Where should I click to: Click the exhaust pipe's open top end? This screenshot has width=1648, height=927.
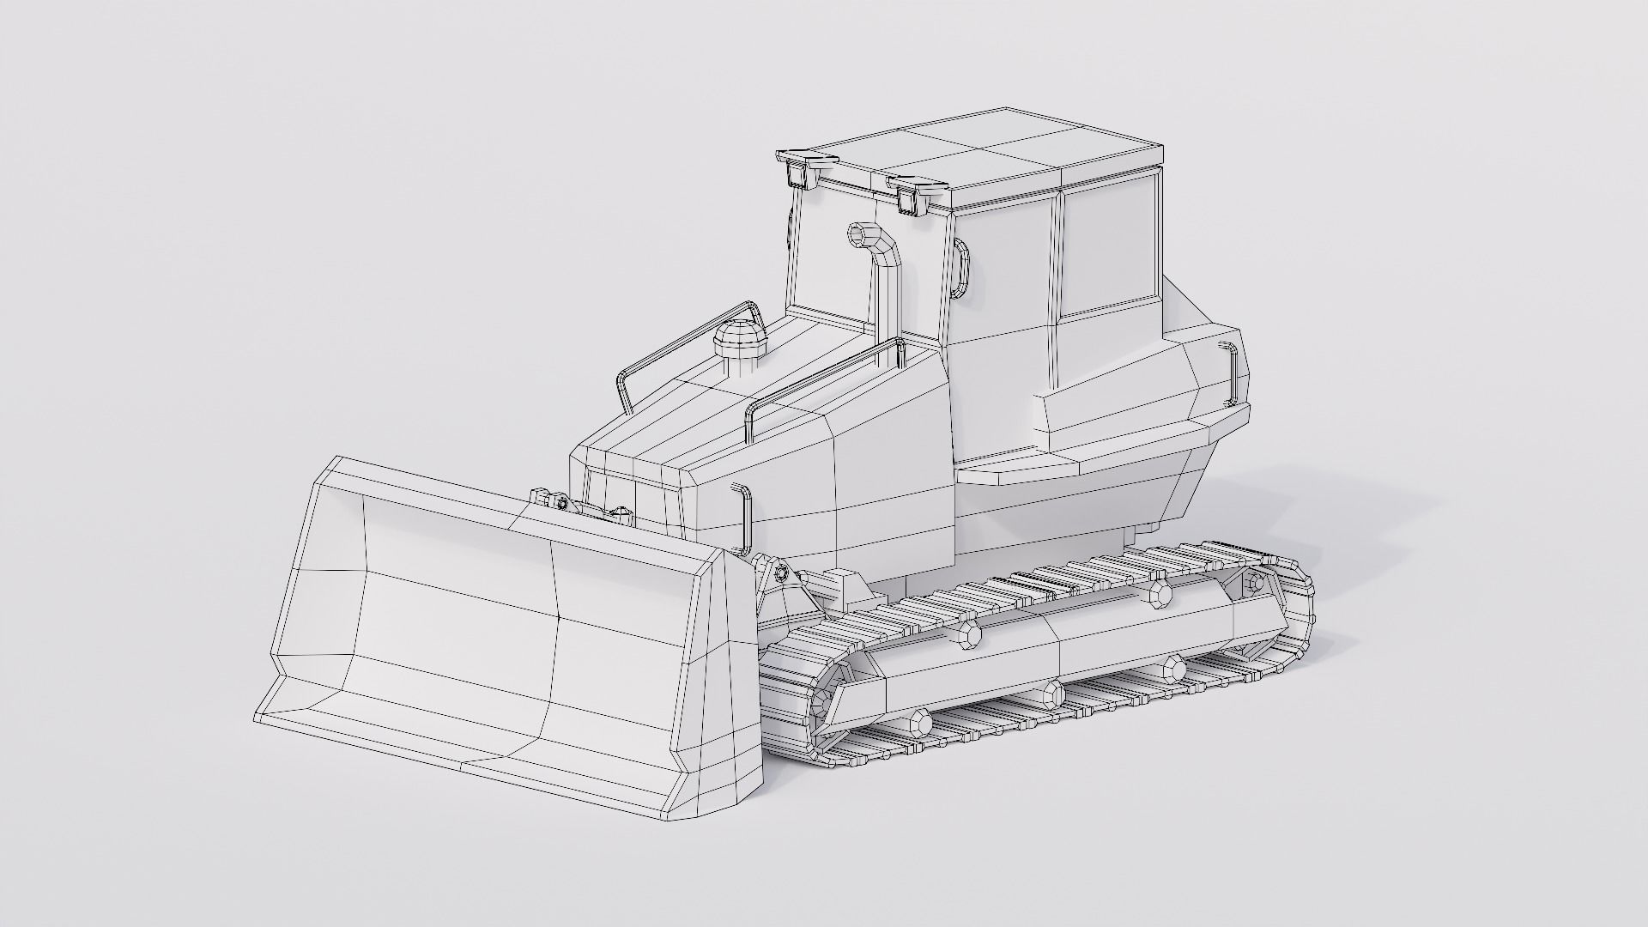(861, 233)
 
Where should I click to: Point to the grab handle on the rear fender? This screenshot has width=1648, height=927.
(1232, 374)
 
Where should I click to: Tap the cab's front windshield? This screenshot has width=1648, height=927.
(828, 257)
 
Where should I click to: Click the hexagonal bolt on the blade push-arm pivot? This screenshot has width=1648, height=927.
(782, 574)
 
